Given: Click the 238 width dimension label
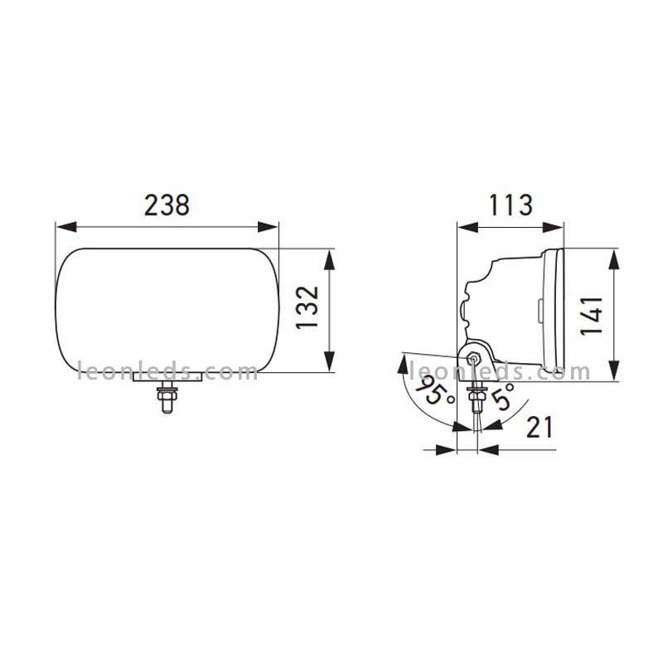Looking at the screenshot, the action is tap(167, 206).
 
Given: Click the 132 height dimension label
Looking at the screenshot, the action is tap(307, 307).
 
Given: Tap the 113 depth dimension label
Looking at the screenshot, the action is tap(511, 205).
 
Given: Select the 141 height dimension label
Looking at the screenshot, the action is tap(592, 316).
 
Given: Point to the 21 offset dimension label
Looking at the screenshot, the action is tap(540, 428).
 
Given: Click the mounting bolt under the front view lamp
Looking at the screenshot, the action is tap(167, 397).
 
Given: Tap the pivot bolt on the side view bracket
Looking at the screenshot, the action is tap(474, 359).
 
